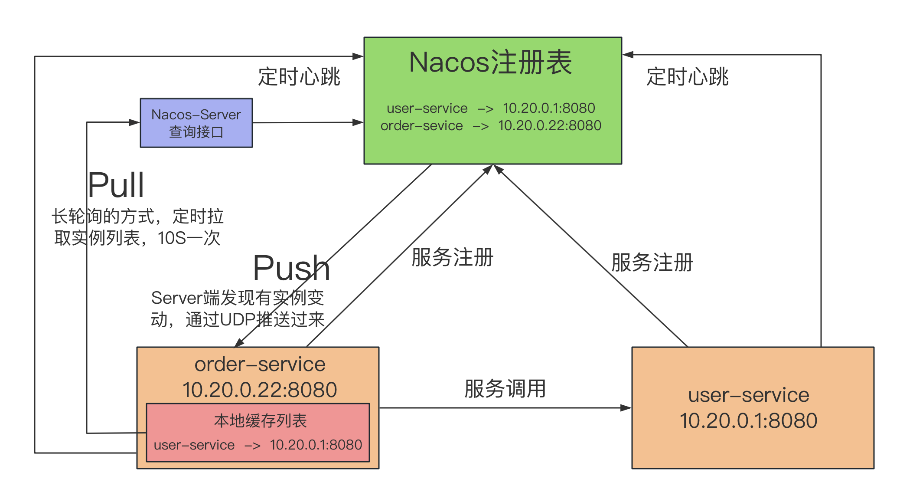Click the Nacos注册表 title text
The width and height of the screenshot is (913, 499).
click(x=490, y=62)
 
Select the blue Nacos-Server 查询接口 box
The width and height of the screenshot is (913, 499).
click(x=196, y=123)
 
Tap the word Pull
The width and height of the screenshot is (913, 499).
click(x=116, y=185)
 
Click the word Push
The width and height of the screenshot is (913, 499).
click(x=291, y=268)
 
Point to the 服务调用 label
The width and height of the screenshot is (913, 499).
click(x=505, y=388)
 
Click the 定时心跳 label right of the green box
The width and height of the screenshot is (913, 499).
click(x=687, y=77)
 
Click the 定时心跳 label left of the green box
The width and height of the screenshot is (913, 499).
click(x=299, y=77)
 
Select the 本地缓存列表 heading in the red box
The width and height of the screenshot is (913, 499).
click(x=260, y=421)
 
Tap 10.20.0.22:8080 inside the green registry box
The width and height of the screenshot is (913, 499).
click(x=549, y=125)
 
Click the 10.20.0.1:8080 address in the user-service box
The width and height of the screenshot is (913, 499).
click(x=748, y=420)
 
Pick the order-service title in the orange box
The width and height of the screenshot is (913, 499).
click(x=260, y=364)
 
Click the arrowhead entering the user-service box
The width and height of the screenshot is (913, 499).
click(x=626, y=408)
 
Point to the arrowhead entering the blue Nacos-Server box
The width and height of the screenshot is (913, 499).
click(x=134, y=122)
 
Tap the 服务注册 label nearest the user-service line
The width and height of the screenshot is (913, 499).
click(x=652, y=263)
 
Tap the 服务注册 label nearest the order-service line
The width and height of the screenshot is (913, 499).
click(x=452, y=257)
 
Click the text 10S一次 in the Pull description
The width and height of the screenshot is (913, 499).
click(x=189, y=238)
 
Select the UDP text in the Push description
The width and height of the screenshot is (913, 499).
click(x=238, y=320)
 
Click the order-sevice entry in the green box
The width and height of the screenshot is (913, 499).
click(x=421, y=125)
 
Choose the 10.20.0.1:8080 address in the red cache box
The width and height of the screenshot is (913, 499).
click(x=316, y=445)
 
